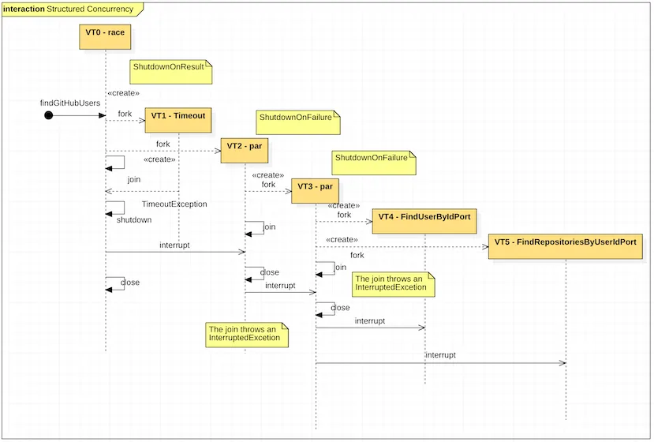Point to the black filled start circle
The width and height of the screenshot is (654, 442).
click(x=48, y=115)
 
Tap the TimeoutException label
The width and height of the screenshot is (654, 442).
click(x=174, y=204)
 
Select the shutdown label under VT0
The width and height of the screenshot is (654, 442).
click(x=133, y=220)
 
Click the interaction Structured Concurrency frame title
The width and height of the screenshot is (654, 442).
click(x=71, y=9)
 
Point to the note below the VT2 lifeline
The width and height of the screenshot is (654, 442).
click(x=245, y=333)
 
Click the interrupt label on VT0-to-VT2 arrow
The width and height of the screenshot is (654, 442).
click(x=174, y=245)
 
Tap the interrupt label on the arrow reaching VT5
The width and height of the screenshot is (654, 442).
click(x=440, y=355)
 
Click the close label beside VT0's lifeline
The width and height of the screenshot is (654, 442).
click(x=130, y=282)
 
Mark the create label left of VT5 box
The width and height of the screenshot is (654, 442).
click(x=342, y=239)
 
